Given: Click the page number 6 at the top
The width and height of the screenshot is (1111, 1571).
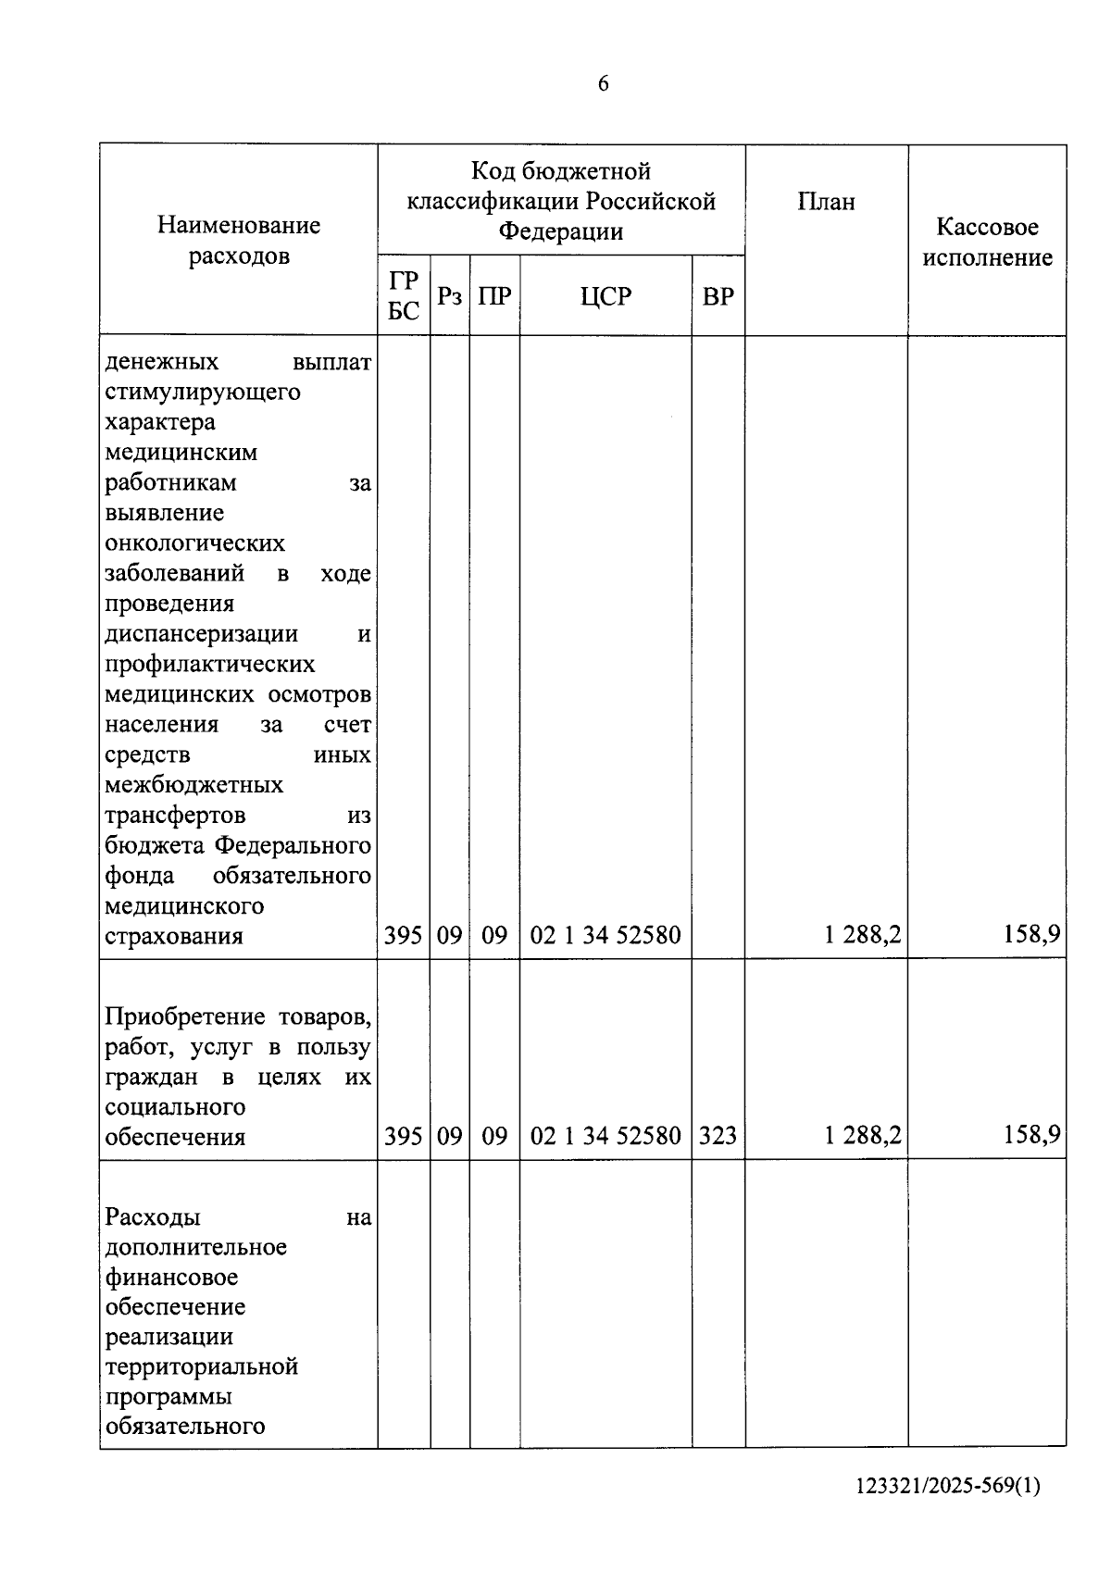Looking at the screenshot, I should [604, 84].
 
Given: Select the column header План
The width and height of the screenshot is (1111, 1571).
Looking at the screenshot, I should [826, 202].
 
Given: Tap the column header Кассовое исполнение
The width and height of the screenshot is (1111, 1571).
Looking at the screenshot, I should [987, 242].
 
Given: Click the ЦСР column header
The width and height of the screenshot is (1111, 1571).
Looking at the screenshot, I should [605, 296].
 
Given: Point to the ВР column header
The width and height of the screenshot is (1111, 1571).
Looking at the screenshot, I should [718, 296].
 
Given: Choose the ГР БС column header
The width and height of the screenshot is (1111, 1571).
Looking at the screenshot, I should [404, 295].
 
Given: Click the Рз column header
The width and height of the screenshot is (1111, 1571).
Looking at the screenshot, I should [450, 296].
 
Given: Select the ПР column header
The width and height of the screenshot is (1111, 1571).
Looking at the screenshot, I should [494, 296].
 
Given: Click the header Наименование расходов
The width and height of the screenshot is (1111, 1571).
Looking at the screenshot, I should [239, 240].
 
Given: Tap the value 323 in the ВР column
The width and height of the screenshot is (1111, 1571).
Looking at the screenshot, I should [718, 1135].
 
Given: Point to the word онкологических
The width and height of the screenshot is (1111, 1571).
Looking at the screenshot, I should [195, 543].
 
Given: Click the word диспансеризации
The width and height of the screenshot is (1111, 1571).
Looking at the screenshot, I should [202, 634].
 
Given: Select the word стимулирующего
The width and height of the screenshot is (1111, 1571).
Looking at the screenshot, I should [203, 393].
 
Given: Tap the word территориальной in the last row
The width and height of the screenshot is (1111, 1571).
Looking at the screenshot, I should [202, 1366].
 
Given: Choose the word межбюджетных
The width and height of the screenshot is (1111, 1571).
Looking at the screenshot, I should [194, 785].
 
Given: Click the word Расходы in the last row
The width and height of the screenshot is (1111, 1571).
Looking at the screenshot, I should [153, 1216].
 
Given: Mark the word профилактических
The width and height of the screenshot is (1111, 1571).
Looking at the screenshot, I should [210, 665].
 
